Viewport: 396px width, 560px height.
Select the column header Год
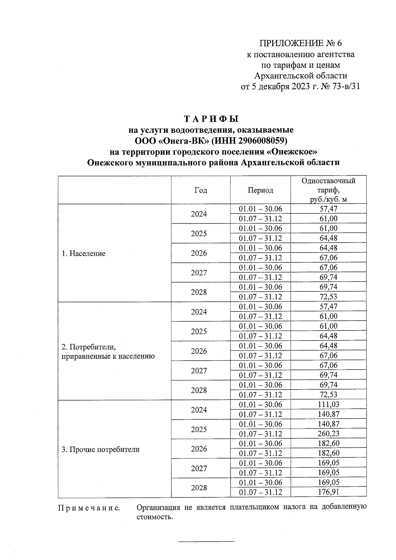[x=201, y=190]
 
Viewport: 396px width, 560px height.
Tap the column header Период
[x=260, y=190]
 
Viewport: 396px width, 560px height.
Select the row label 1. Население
[x=83, y=253]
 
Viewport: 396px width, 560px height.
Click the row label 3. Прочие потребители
[x=100, y=449]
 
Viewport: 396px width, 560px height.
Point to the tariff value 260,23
[x=328, y=433]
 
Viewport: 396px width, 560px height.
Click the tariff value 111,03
[x=328, y=404]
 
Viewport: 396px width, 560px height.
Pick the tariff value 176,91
[x=328, y=492]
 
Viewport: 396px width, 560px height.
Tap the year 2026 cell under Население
[x=199, y=253]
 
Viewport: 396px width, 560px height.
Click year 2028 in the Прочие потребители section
[x=199, y=488]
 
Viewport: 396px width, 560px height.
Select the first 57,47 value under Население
[x=328, y=209]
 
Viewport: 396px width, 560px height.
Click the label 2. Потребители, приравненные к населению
[x=108, y=351]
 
